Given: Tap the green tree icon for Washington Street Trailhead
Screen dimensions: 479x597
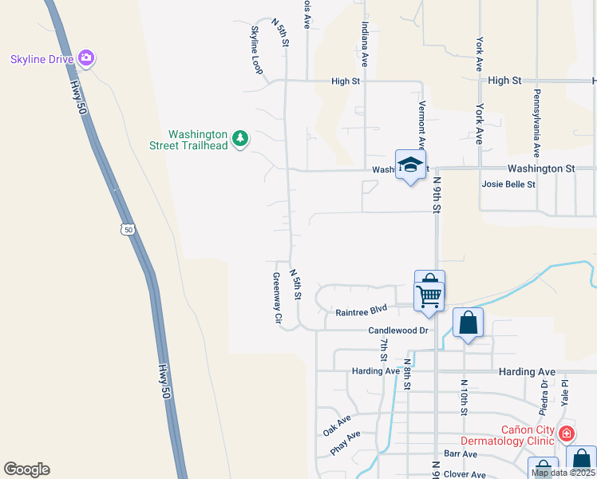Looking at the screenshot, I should click(240, 140).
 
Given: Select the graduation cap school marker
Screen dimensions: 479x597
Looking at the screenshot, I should click(410, 165).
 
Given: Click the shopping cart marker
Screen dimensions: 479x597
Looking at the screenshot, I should click(429, 295).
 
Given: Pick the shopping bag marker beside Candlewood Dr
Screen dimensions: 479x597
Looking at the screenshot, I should click(468, 323).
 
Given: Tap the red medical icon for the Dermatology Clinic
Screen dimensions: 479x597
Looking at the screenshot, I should click(566, 434).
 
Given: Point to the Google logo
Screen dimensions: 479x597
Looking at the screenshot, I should click(26, 469).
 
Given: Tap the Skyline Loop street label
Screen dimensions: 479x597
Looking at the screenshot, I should click(257, 50).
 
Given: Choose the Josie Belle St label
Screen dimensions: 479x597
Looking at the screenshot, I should click(508, 184).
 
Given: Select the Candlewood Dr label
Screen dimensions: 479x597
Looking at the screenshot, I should click(398, 330).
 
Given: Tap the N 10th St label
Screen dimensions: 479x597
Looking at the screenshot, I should click(463, 398).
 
